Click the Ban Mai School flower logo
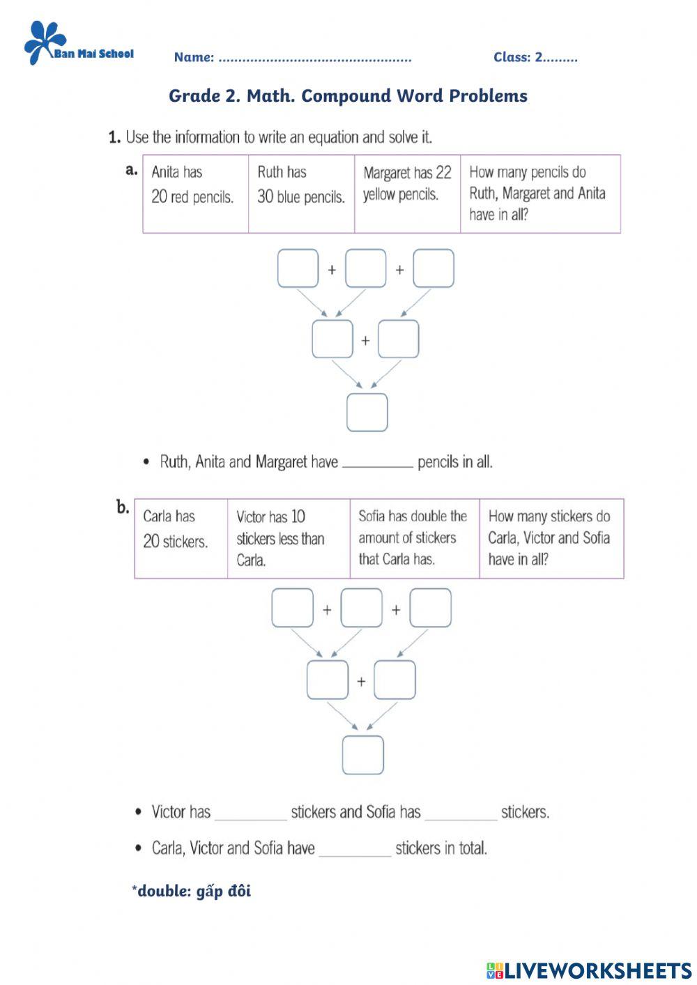click(x=44, y=43)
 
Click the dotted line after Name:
click(x=314, y=59)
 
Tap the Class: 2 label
click(x=535, y=58)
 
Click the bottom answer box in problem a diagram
click(x=367, y=412)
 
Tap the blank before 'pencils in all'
click(x=378, y=464)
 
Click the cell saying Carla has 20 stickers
click(x=181, y=537)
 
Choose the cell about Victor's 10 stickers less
click(x=288, y=537)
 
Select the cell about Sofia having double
click(x=414, y=537)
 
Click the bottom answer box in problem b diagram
click(x=362, y=755)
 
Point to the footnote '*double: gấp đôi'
click(x=191, y=891)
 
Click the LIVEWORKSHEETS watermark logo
click(x=589, y=970)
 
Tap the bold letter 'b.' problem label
click(x=123, y=507)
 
